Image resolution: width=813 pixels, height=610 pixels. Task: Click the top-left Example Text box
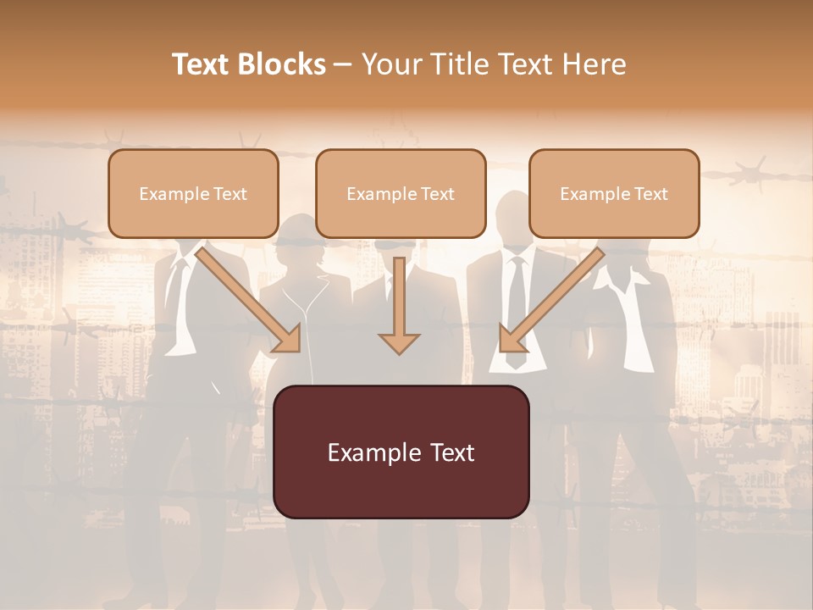click(193, 193)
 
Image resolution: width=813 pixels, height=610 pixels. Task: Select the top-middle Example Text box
click(401, 193)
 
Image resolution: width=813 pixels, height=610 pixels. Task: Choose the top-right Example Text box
click(614, 193)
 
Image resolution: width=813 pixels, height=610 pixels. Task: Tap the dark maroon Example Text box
click(401, 452)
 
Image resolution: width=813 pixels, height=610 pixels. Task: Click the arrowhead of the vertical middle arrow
click(399, 341)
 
